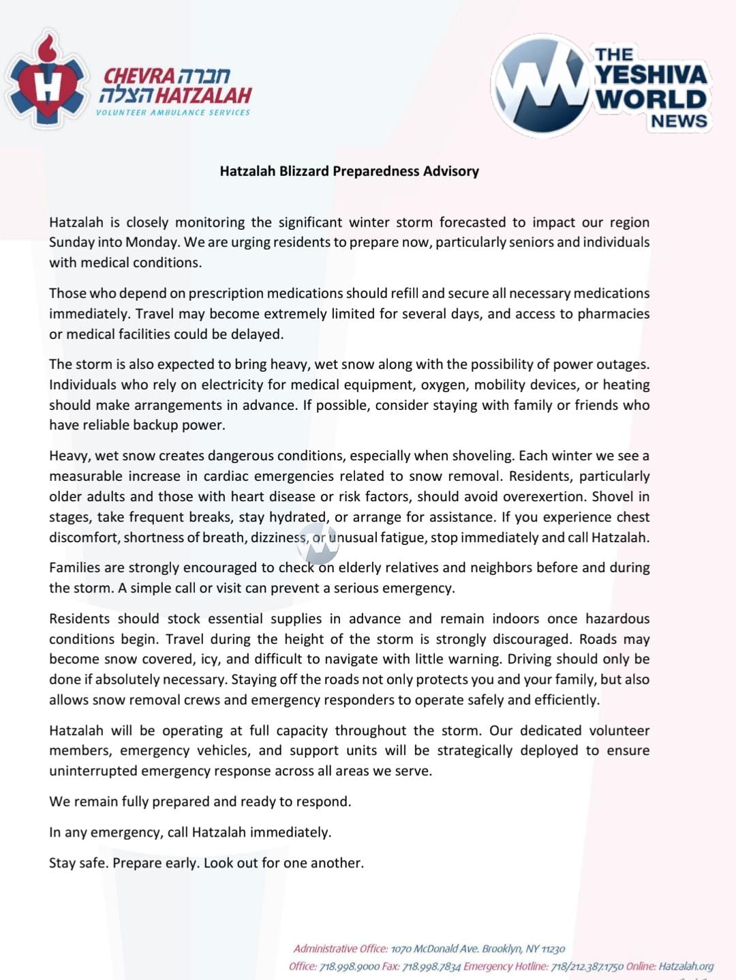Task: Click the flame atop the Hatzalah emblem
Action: (46, 48)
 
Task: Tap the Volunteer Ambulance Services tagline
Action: (173, 113)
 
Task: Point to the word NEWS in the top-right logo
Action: (679, 121)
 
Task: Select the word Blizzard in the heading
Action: (303, 171)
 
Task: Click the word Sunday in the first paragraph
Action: (70, 242)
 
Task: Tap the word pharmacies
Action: (613, 314)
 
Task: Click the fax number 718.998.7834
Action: (431, 966)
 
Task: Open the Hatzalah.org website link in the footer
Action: (686, 966)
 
